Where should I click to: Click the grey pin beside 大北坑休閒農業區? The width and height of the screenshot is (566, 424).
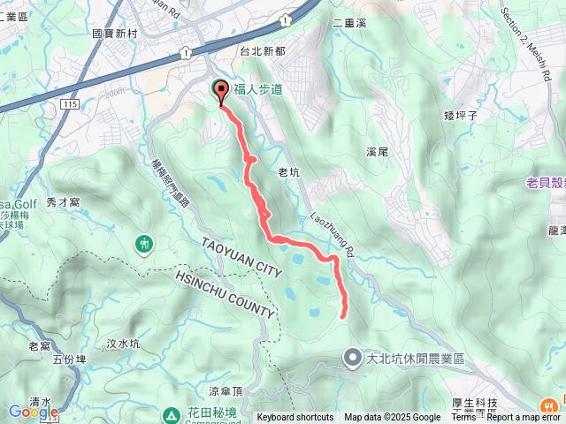[352, 358]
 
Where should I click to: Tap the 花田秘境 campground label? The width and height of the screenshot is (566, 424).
[210, 412]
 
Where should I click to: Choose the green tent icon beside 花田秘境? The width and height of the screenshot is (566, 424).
[171, 413]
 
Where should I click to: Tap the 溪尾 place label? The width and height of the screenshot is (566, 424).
[377, 152]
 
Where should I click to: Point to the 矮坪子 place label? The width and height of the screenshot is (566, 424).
[461, 114]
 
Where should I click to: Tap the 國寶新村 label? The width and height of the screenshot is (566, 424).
[115, 33]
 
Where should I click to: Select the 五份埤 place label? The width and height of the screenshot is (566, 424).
[69, 359]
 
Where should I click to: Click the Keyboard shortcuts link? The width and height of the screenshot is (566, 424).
[295, 418]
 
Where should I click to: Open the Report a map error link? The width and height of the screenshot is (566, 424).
[524, 418]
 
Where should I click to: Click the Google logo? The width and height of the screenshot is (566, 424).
[34, 412]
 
